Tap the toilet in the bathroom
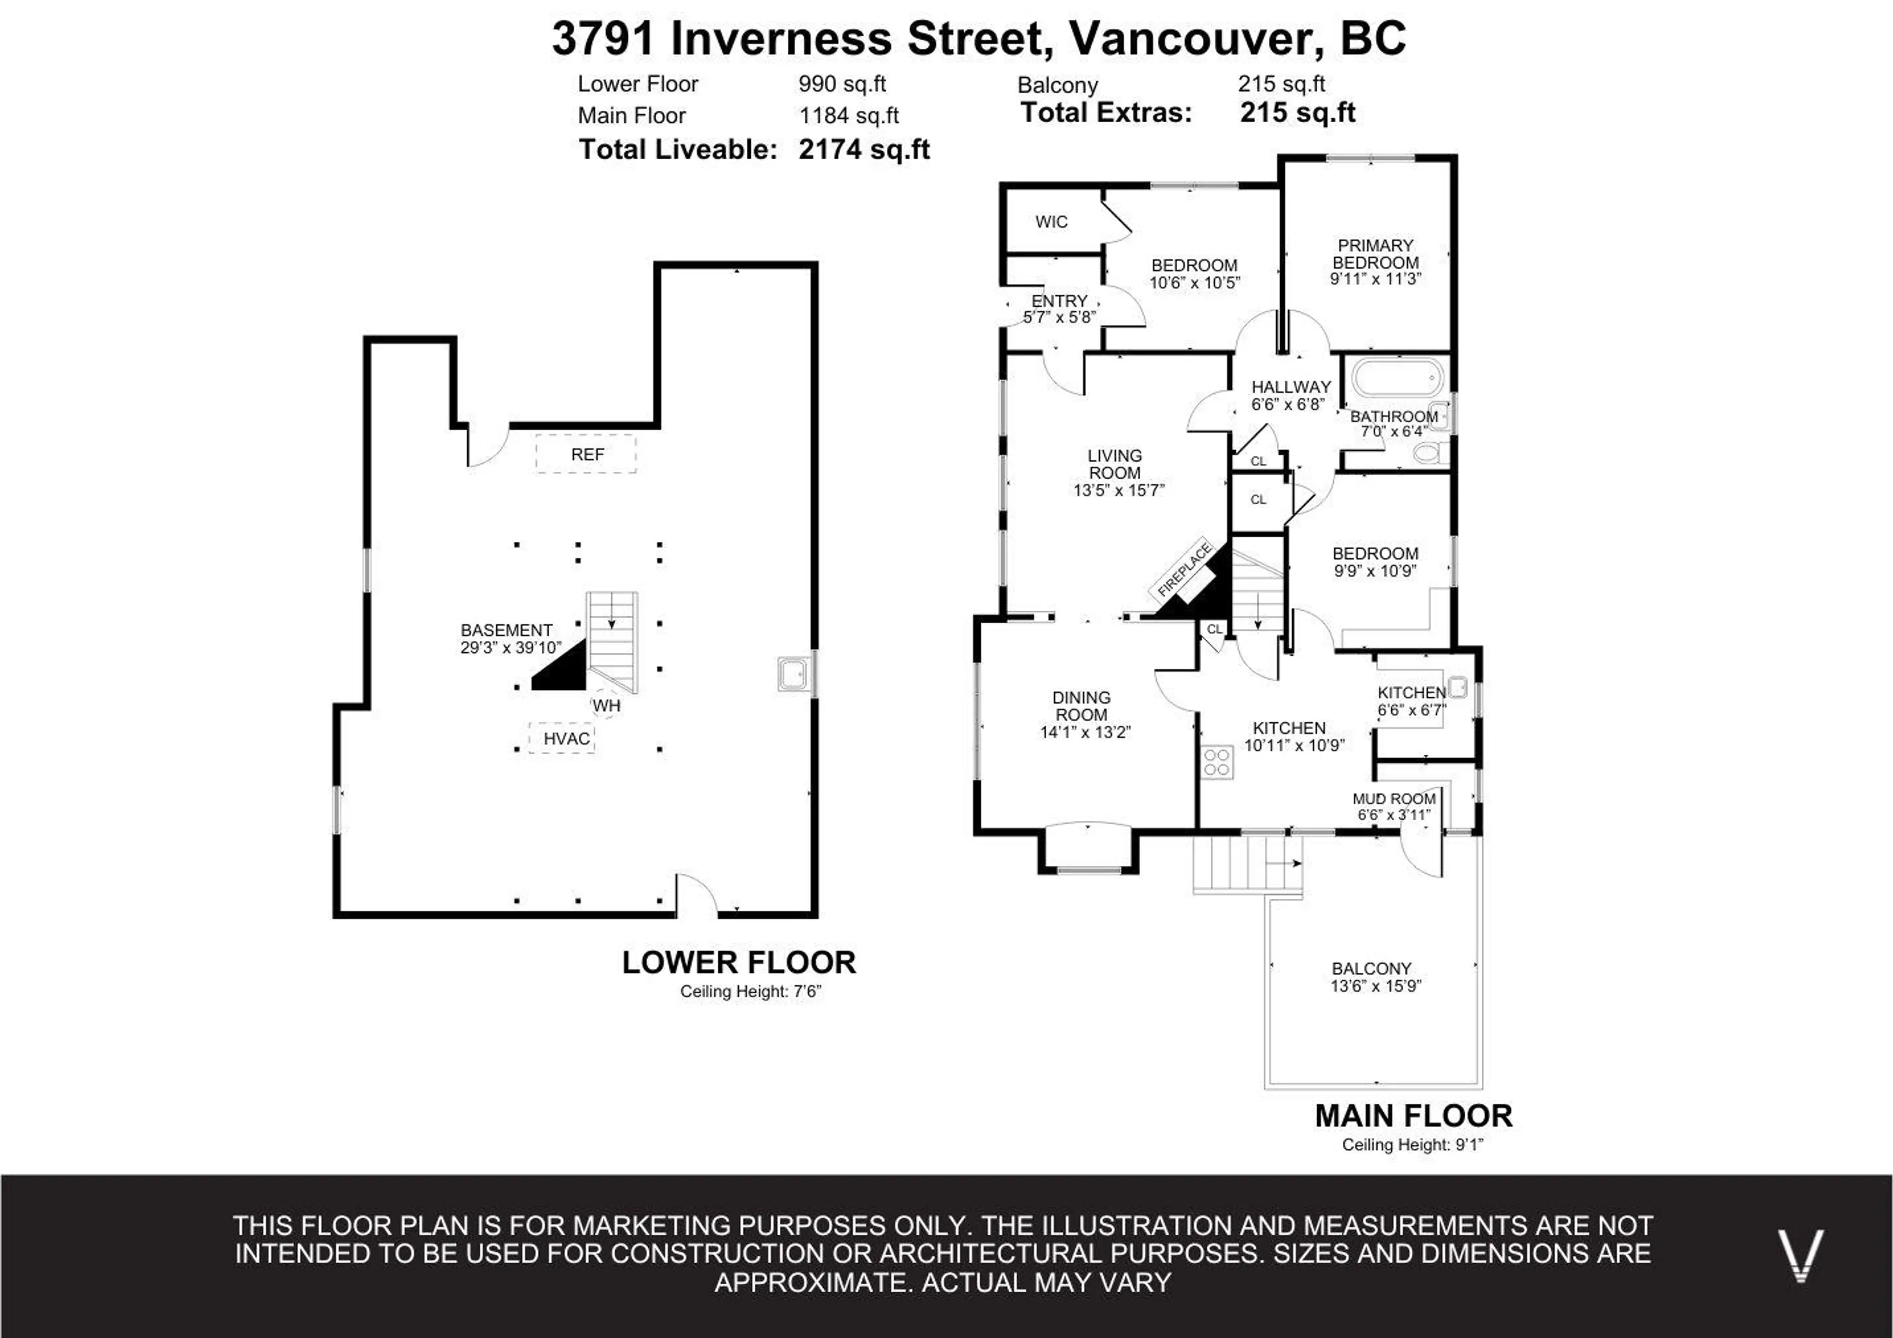point(1431,452)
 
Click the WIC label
point(1051,222)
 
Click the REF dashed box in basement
point(586,454)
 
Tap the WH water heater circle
point(606,705)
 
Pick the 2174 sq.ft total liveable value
point(864,149)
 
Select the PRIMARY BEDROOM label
point(1375,254)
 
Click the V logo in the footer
point(1800,1254)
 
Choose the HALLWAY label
point(1291,387)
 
